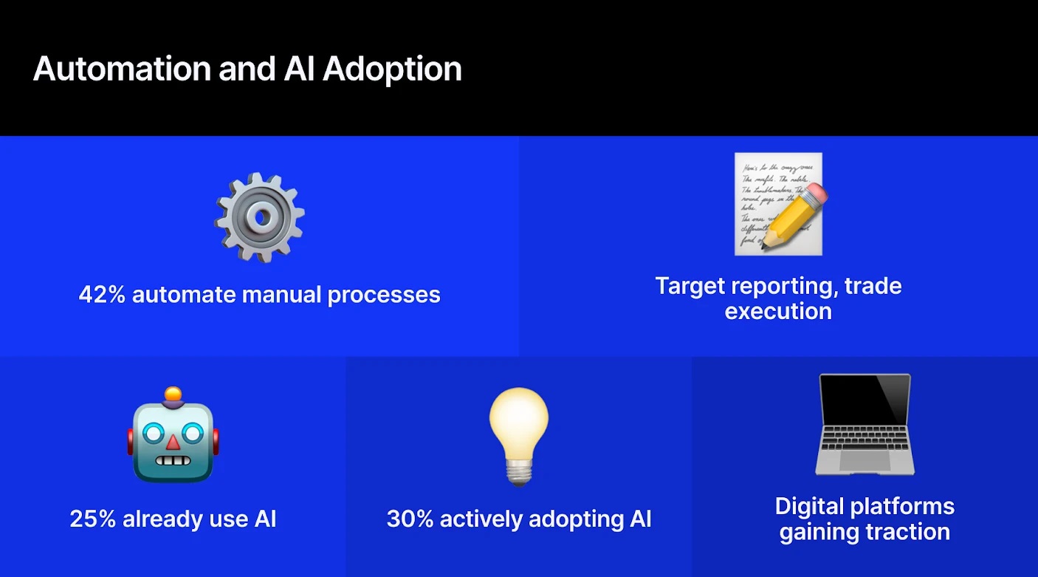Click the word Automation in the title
(x=120, y=69)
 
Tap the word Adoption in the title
(x=392, y=69)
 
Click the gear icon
(x=259, y=216)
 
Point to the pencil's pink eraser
(x=814, y=197)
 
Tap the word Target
(x=690, y=286)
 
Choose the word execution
(x=778, y=311)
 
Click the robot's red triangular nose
(x=173, y=442)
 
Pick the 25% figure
(x=93, y=519)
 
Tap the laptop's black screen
(x=865, y=398)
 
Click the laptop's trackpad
(x=865, y=461)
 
